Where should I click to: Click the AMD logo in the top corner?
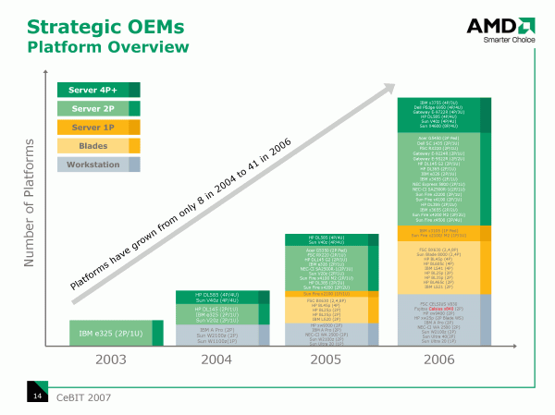point(503,27)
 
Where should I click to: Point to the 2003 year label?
point(104,359)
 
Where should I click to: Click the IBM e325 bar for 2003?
point(104,332)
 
